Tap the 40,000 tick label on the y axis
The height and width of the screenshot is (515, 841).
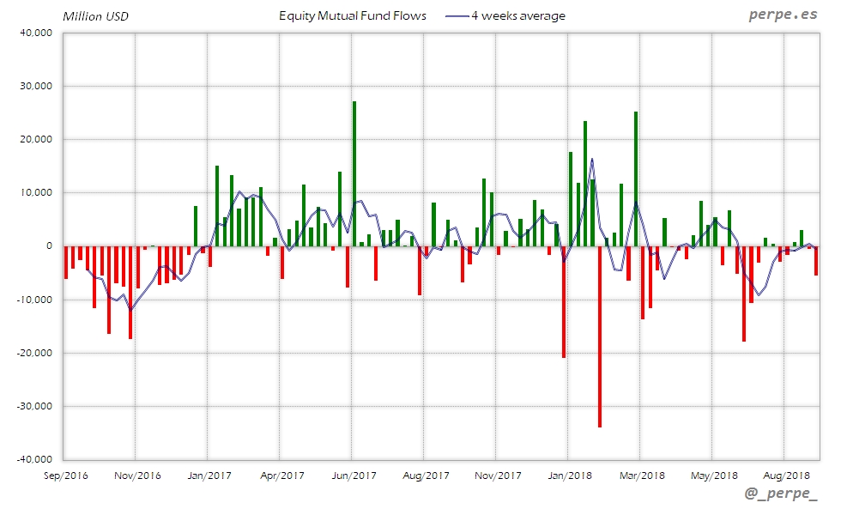point(37,33)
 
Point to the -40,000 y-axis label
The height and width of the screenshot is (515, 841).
point(35,459)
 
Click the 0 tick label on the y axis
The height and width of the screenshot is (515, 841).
point(49,246)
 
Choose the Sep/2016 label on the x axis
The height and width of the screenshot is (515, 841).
point(64,475)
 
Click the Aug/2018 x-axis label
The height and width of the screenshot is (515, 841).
point(786,475)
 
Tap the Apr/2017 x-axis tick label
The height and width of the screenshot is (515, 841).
point(281,475)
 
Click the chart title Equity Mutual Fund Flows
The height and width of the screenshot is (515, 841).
point(353,15)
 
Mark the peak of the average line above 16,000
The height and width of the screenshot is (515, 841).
point(592,159)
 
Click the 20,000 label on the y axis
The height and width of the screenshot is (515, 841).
point(37,139)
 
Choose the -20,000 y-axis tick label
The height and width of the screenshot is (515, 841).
point(35,353)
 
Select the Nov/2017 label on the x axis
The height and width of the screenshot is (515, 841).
point(498,475)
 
